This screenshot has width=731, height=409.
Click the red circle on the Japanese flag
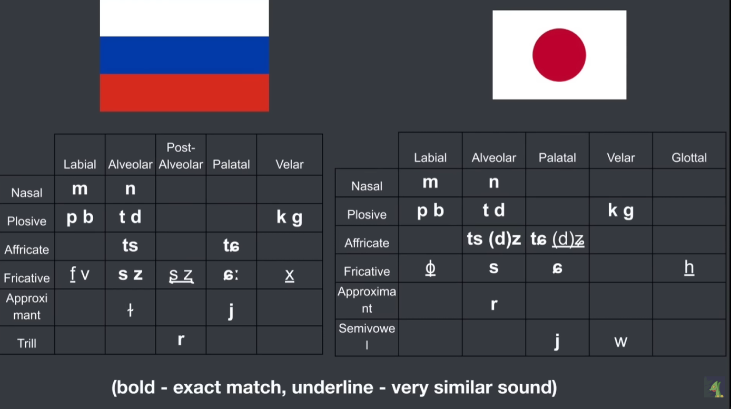(x=559, y=55)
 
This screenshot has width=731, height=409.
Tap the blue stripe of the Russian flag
(x=184, y=55)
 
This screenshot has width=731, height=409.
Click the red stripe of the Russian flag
(x=184, y=93)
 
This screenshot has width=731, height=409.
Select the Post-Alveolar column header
(x=181, y=156)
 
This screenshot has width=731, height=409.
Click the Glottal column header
(x=689, y=158)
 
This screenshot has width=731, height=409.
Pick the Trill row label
(x=27, y=343)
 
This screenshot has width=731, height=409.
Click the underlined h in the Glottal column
(x=689, y=268)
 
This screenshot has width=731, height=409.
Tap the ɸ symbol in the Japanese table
(x=430, y=268)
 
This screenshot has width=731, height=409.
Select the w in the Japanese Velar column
(x=621, y=342)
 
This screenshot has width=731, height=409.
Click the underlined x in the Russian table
(x=290, y=275)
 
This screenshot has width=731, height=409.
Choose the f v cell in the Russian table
(x=80, y=274)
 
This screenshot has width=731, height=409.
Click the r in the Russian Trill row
(x=181, y=339)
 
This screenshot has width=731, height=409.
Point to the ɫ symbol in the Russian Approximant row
(x=130, y=310)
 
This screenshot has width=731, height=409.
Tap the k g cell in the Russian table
(x=290, y=217)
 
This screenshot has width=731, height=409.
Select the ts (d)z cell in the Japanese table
(x=494, y=239)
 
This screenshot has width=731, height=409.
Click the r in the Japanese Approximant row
(x=494, y=304)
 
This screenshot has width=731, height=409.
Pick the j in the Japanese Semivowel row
(x=557, y=341)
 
